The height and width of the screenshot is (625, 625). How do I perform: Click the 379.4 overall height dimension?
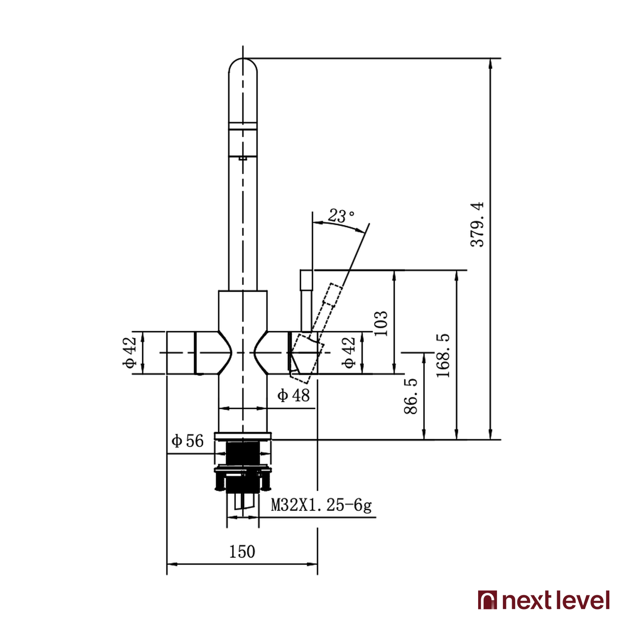[477, 224]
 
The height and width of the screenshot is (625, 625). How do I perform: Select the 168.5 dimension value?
[443, 356]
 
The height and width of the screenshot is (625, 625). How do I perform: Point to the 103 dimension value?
[381, 323]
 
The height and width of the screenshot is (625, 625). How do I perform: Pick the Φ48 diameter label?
[293, 395]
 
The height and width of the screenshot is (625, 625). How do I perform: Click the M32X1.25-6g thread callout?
[321, 505]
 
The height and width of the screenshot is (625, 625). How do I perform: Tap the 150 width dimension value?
[242, 552]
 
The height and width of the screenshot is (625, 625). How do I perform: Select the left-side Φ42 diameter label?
[129, 352]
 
